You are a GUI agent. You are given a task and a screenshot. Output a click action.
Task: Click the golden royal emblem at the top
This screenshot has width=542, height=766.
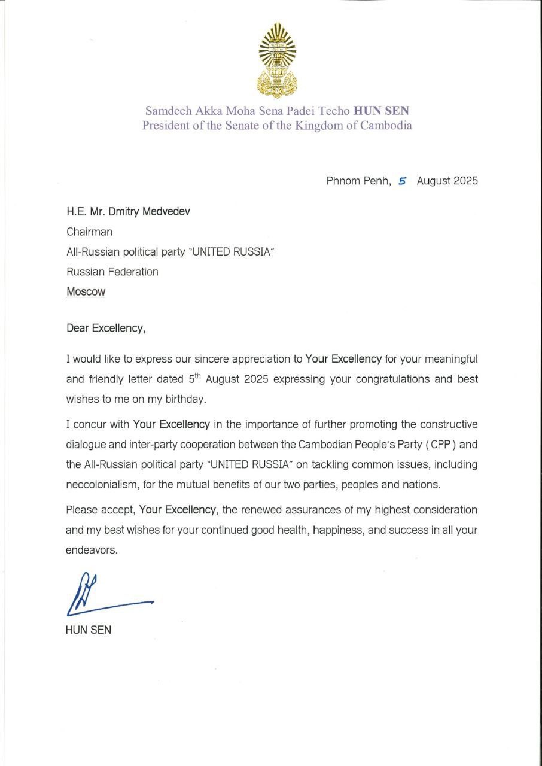pyautogui.click(x=276, y=59)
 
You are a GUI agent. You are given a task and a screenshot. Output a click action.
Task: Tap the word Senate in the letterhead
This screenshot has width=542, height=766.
pyautogui.click(x=248, y=126)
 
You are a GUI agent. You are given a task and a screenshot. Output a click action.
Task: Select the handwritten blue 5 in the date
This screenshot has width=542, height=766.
pyautogui.click(x=403, y=181)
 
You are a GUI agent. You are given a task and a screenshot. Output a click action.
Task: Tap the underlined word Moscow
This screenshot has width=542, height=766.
pyautogui.click(x=86, y=292)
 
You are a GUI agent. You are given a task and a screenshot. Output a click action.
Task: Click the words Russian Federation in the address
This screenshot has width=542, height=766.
pyautogui.click(x=112, y=272)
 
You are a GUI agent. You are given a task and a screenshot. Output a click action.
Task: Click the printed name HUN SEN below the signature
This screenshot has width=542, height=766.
pyautogui.click(x=88, y=630)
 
